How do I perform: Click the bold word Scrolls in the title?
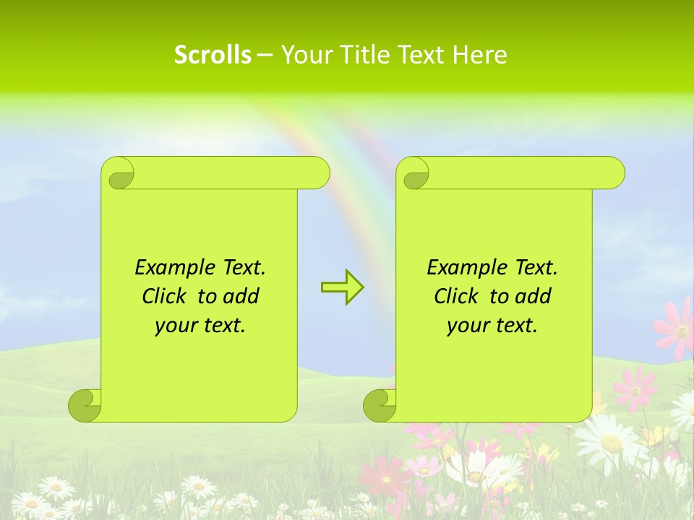(x=213, y=55)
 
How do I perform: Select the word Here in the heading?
(x=480, y=55)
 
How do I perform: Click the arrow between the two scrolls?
(x=342, y=287)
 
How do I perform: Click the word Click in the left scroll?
(x=166, y=297)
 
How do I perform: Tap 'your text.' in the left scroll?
(x=200, y=326)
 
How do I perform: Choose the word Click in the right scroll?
(x=458, y=297)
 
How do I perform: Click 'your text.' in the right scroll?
(x=492, y=326)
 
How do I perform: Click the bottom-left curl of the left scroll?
(x=84, y=405)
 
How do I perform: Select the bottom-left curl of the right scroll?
(x=379, y=405)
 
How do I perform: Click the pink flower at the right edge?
(x=677, y=329)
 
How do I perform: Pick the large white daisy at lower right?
(x=609, y=440)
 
